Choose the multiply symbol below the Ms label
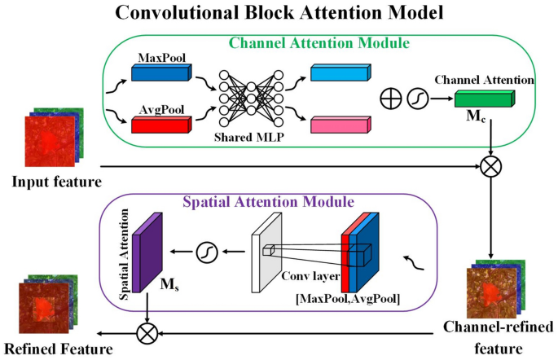tap(147, 334)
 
